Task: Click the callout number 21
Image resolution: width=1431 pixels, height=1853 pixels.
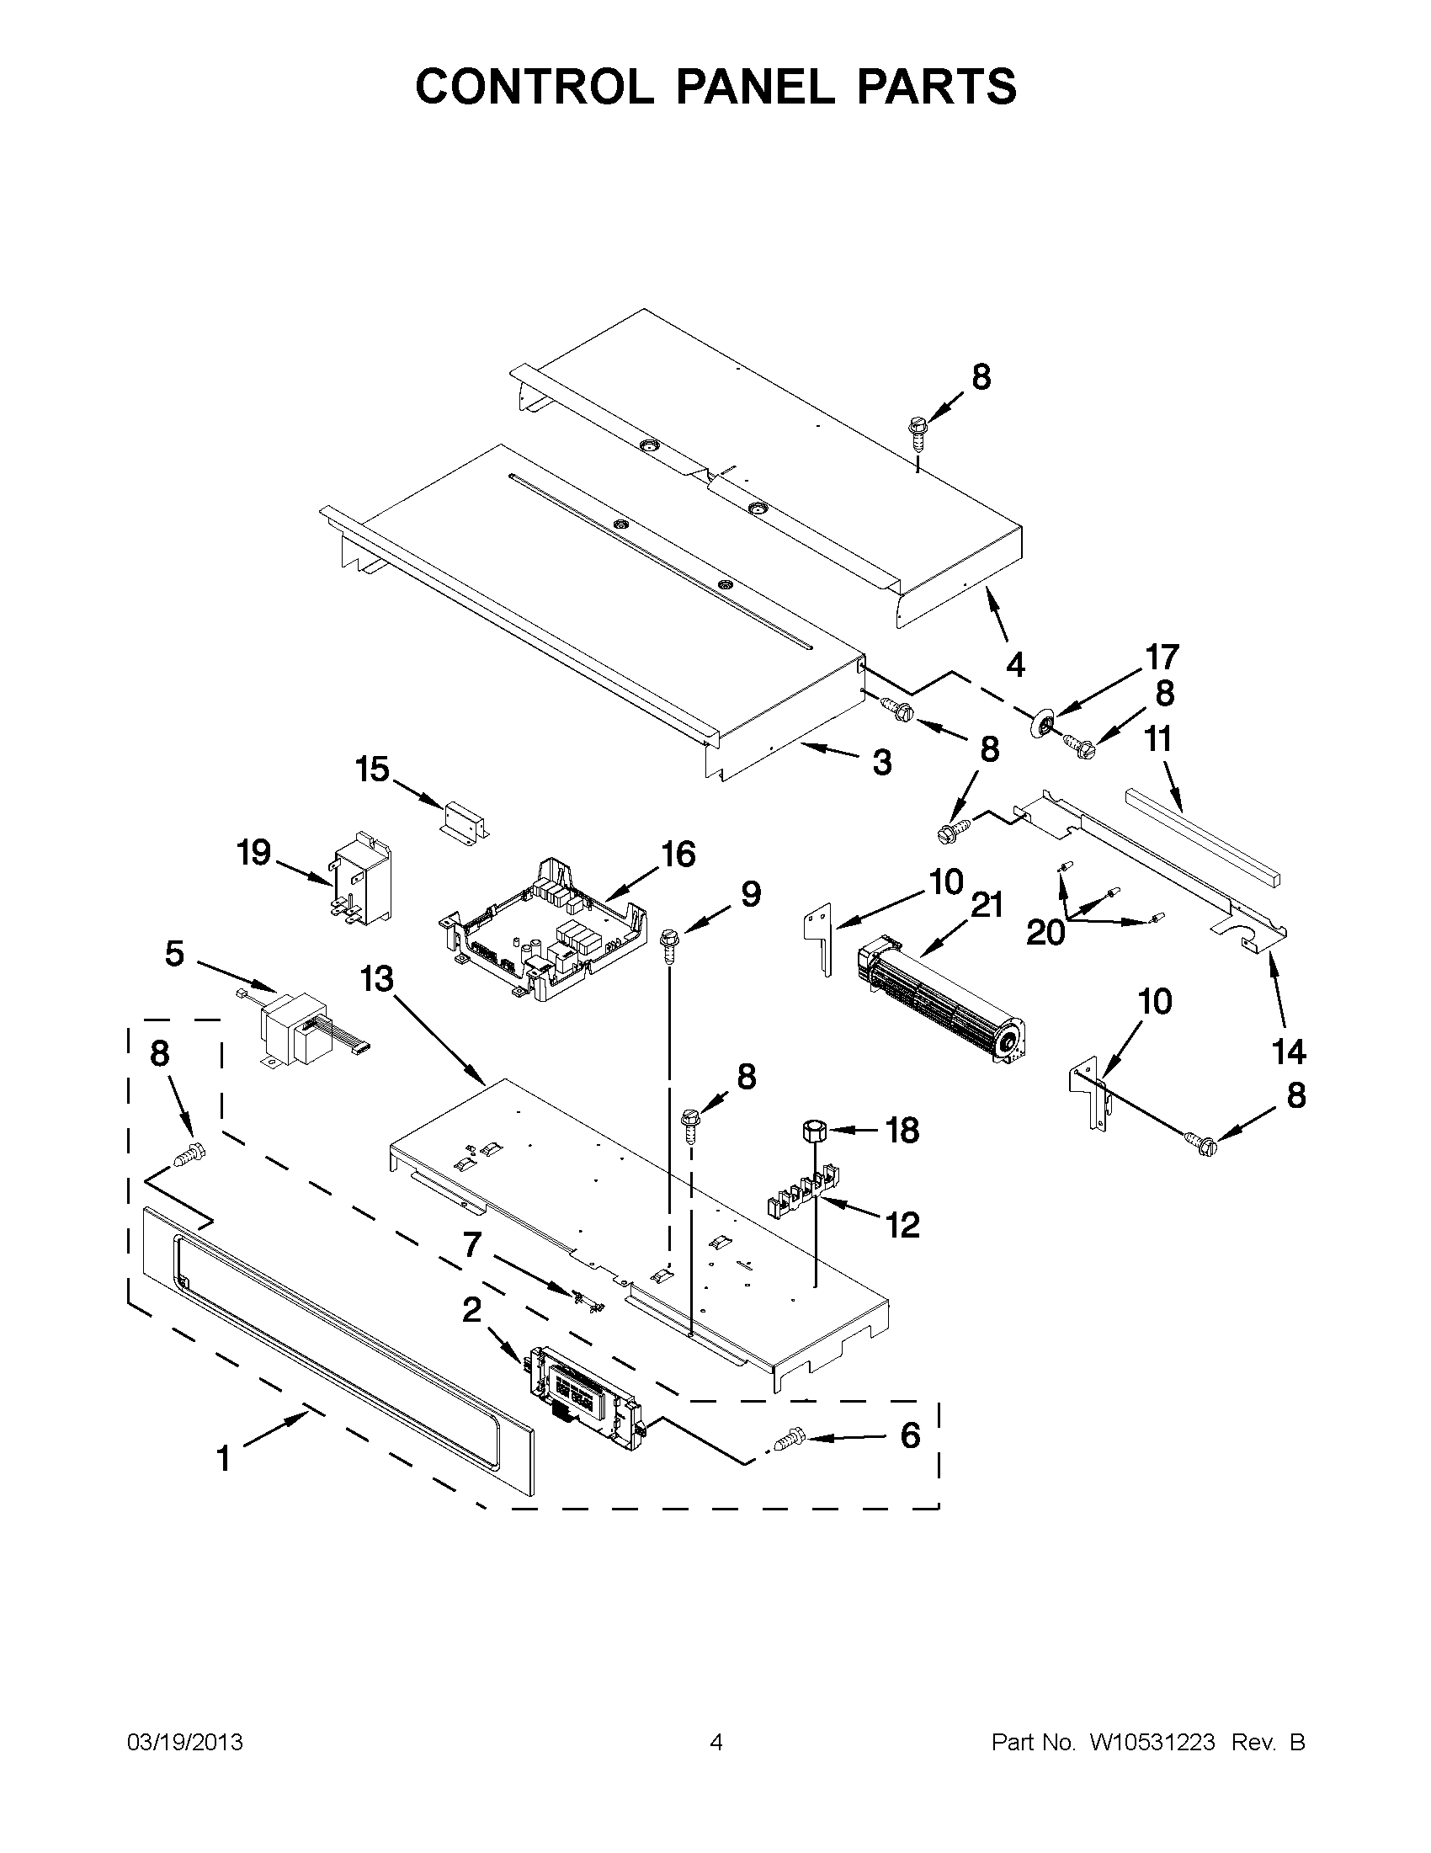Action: click(986, 905)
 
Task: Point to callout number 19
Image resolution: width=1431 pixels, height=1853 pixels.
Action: click(253, 853)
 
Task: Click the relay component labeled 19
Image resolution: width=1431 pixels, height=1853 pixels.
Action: click(362, 876)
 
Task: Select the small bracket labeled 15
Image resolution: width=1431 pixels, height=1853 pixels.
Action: click(464, 819)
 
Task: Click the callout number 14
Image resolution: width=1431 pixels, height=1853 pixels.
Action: click(1288, 1052)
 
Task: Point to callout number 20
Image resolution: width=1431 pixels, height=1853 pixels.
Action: click(1045, 933)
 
